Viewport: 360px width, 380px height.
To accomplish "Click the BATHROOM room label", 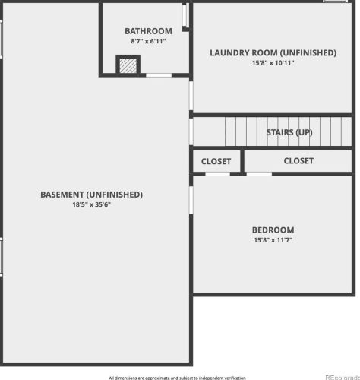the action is click(x=148, y=31).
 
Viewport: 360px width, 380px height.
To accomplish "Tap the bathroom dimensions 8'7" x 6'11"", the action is click(x=148, y=41).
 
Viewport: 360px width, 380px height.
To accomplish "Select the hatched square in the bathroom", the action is click(x=128, y=66).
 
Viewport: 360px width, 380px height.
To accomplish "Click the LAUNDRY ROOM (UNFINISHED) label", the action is click(x=273, y=52).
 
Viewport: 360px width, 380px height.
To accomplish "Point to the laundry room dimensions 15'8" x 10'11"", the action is click(x=273, y=63).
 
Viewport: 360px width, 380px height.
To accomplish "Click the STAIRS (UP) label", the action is click(x=289, y=132).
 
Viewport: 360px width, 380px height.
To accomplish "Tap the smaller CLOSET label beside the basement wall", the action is click(x=216, y=161).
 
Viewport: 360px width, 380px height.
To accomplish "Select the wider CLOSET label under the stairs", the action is click(x=298, y=161).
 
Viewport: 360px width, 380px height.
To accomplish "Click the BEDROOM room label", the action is click(x=273, y=230).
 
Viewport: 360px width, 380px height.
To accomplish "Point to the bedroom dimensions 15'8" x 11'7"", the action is click(x=273, y=240).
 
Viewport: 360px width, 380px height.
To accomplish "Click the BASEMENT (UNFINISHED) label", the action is click(x=91, y=195).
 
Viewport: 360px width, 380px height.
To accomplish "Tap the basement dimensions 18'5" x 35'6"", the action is click(x=91, y=204).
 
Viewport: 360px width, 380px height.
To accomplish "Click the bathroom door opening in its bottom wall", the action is click(x=159, y=75).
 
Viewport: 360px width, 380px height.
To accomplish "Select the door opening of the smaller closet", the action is click(x=217, y=174).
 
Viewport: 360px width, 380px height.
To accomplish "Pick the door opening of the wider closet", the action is click(x=259, y=174).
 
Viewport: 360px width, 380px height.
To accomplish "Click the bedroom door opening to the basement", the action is click(x=191, y=200).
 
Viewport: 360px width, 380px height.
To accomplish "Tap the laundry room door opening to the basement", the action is click(x=191, y=96).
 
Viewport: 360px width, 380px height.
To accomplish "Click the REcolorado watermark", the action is click(x=343, y=377).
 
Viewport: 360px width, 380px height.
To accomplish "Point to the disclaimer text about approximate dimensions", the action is click(x=177, y=378).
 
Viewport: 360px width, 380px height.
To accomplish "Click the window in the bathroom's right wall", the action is click(x=185, y=14).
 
